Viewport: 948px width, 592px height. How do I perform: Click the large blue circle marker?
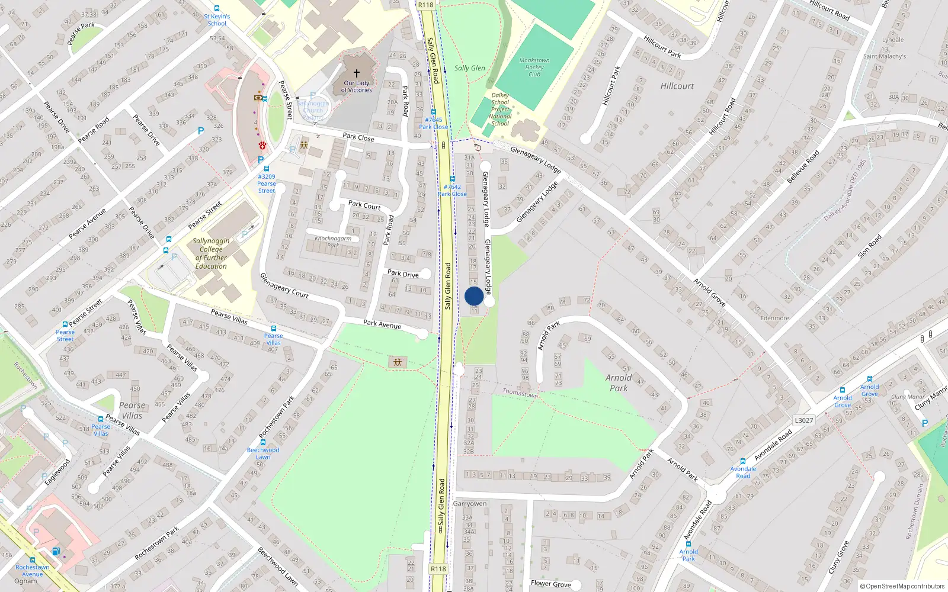(474, 297)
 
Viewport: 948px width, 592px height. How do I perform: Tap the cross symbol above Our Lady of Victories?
(357, 73)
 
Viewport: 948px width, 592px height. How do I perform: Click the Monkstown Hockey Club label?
(534, 67)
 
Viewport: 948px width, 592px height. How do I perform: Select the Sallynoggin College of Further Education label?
(211, 253)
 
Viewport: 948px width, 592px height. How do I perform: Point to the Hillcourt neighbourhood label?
(677, 86)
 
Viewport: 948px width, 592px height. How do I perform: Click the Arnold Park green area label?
(619, 382)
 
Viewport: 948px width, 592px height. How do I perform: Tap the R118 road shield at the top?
(425, 5)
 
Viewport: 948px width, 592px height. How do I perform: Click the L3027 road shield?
(803, 420)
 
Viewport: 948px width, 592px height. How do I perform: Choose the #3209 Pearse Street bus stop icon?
(267, 169)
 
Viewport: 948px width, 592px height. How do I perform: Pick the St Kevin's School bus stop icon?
(217, 9)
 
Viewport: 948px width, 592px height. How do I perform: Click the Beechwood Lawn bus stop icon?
(263, 442)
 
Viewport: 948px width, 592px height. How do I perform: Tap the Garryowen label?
(470, 504)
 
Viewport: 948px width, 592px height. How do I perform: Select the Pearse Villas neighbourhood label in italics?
(132, 410)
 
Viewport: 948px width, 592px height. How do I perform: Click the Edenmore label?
(774, 318)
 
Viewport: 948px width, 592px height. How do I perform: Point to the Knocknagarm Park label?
(333, 242)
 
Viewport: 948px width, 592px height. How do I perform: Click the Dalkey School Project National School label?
(500, 110)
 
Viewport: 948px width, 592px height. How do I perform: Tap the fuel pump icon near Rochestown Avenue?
(56, 551)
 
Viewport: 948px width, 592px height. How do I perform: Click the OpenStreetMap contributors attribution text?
(902, 586)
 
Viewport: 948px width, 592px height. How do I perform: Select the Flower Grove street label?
(550, 584)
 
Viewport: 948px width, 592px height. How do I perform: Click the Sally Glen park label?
(469, 68)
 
